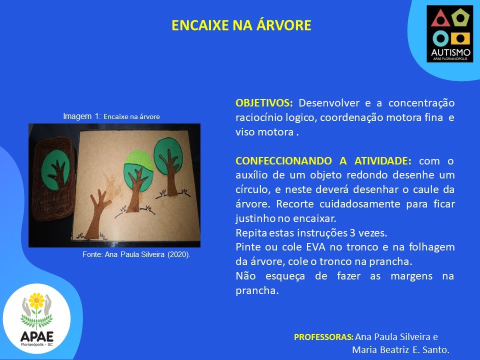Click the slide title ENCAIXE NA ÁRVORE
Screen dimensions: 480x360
[241, 25]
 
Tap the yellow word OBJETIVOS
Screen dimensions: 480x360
[264, 103]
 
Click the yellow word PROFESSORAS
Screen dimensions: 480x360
[323, 337]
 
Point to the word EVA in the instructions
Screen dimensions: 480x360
[315, 247]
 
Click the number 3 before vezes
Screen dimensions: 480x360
[352, 233]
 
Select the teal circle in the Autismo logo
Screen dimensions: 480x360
[441, 38]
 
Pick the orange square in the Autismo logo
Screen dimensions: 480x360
[460, 38]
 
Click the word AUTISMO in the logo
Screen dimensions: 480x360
[450, 52]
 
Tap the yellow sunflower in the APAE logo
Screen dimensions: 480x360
[36, 301]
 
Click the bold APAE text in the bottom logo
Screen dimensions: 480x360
[36, 336]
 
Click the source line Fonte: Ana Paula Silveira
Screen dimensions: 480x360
[136, 254]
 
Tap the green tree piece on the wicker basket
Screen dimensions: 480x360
[55, 169]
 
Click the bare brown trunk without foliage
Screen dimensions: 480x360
[96, 213]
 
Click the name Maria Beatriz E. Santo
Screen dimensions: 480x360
[400, 349]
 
